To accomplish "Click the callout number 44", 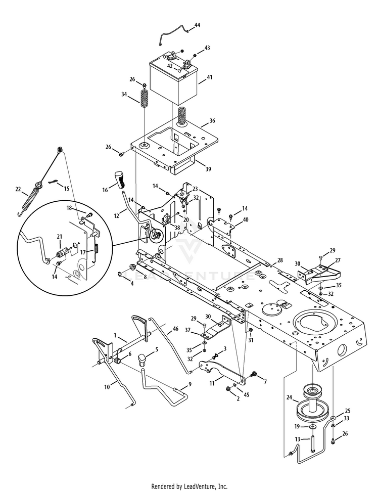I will pyautogui.click(x=197, y=25).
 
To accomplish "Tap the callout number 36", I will pyautogui.click(x=212, y=121).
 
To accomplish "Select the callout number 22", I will pyautogui.click(x=18, y=189).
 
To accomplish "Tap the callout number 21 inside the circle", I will pyautogui.click(x=59, y=236).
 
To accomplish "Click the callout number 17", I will pyautogui.click(x=83, y=252).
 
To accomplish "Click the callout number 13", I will pyautogui.click(x=298, y=439).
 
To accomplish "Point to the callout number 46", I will pyautogui.click(x=175, y=329).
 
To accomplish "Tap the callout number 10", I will pyautogui.click(x=107, y=387).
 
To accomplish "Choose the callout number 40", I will pyautogui.click(x=246, y=219).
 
